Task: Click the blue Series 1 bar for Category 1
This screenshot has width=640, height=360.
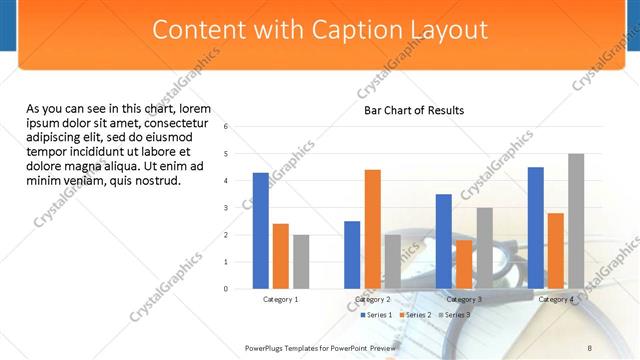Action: click(x=261, y=231)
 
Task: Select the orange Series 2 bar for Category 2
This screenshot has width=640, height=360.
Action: click(x=372, y=229)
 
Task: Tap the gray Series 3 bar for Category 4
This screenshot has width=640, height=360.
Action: click(x=576, y=221)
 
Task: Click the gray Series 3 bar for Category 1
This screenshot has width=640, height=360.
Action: click(x=301, y=262)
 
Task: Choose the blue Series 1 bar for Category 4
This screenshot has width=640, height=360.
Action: click(x=536, y=228)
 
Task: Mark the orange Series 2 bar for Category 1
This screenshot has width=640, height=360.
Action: click(x=281, y=256)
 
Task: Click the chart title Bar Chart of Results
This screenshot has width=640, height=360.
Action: click(x=413, y=110)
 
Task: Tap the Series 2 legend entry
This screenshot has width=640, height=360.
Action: click(x=415, y=315)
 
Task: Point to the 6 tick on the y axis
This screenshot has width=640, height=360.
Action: click(x=226, y=127)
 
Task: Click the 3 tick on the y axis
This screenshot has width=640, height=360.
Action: click(x=226, y=208)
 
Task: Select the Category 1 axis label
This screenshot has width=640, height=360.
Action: click(x=281, y=299)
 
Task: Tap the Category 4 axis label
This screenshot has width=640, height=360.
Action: click(x=556, y=299)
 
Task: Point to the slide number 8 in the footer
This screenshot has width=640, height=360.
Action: click(x=589, y=347)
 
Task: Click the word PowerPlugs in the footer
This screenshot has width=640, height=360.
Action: click(x=265, y=347)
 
